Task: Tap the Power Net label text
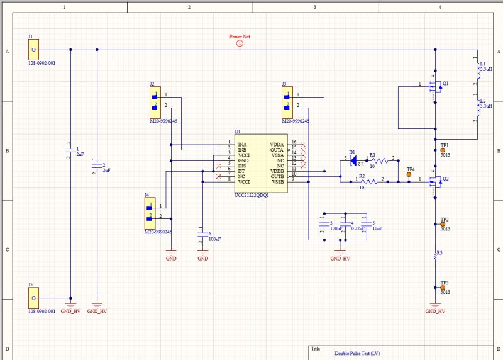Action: (240, 37)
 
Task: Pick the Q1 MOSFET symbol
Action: (434, 87)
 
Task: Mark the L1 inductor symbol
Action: (477, 73)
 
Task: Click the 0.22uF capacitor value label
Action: (358, 228)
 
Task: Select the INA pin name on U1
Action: (242, 145)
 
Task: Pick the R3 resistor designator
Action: (439, 252)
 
